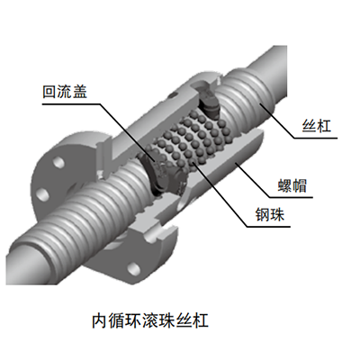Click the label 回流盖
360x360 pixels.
coord(65,92)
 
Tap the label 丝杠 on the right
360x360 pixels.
coord(316,125)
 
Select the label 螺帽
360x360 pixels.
coord(292,186)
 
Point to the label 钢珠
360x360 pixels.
coord(270,214)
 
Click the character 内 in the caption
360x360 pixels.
coord(99,320)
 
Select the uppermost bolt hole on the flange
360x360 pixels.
coord(58,162)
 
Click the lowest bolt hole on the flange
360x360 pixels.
coord(132,268)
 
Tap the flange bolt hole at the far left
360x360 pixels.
coord(42,194)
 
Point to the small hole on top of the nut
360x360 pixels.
coord(171,95)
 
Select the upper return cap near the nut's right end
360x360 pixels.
coord(209,101)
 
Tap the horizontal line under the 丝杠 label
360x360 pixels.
coord(316,139)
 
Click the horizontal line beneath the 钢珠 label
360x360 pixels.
coord(268,226)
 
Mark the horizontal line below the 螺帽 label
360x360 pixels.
coord(291,197)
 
